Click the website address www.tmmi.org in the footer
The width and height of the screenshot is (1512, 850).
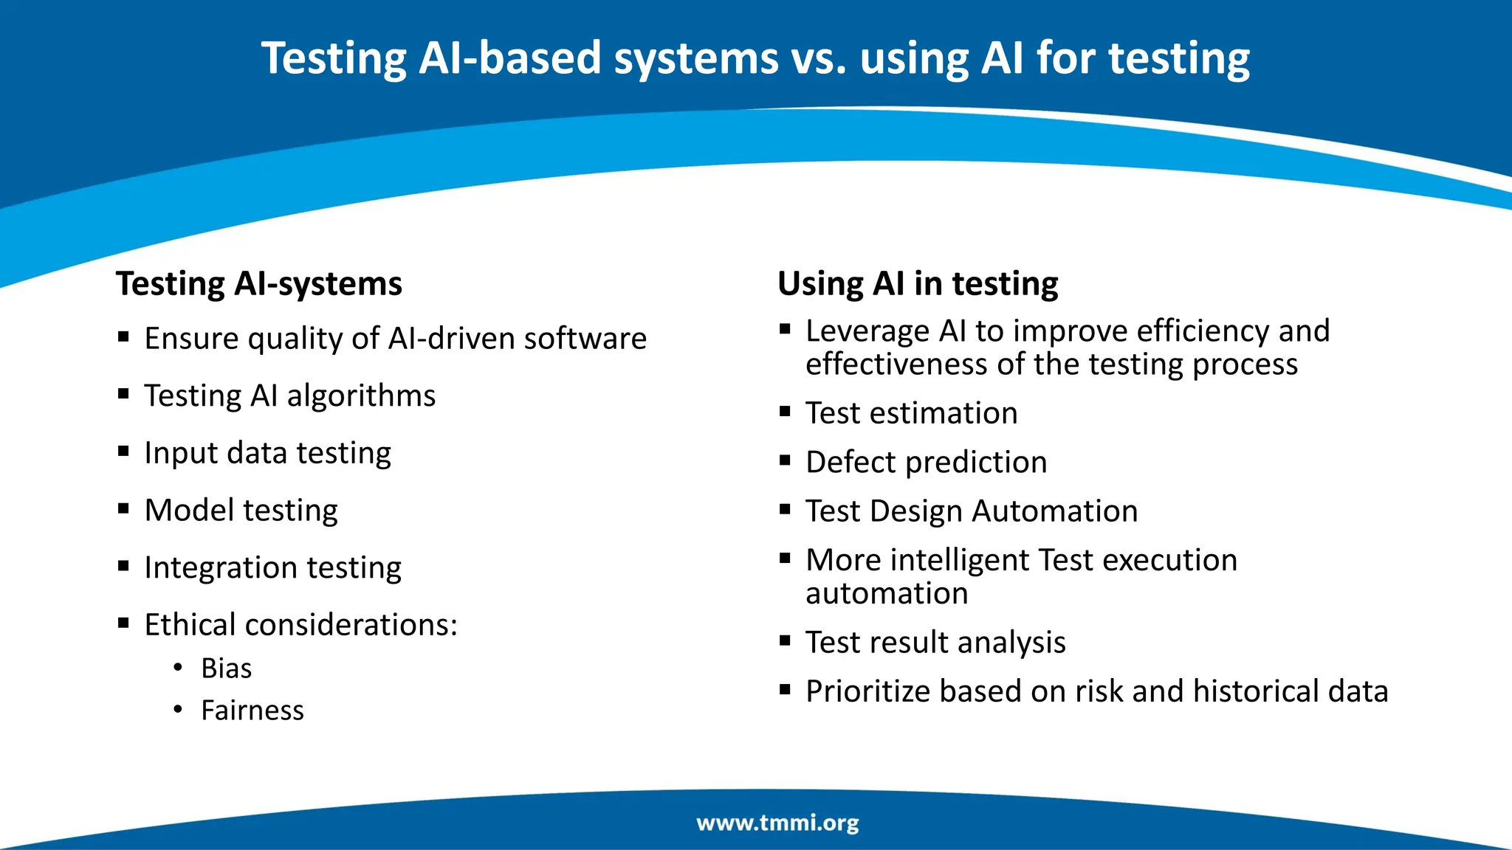tap(777, 823)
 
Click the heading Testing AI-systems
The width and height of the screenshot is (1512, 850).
tap(259, 284)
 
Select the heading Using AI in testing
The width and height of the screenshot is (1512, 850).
tap(918, 284)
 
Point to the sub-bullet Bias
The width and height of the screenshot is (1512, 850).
tap(226, 668)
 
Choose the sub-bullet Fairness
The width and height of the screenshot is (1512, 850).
tap(252, 711)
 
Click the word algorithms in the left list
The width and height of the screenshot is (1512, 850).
tap(361, 396)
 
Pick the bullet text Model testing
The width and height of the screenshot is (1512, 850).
tap(241, 511)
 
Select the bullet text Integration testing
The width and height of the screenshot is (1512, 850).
tap(272, 568)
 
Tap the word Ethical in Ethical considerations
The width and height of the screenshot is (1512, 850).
tap(190, 625)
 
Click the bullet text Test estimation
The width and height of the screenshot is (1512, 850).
tap(911, 413)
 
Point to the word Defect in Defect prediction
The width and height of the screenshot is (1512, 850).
tap(850, 463)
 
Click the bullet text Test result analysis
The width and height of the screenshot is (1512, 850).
tap(935, 643)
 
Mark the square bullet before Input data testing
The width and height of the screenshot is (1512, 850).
tap(123, 451)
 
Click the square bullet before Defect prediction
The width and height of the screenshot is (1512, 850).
tap(785, 460)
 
